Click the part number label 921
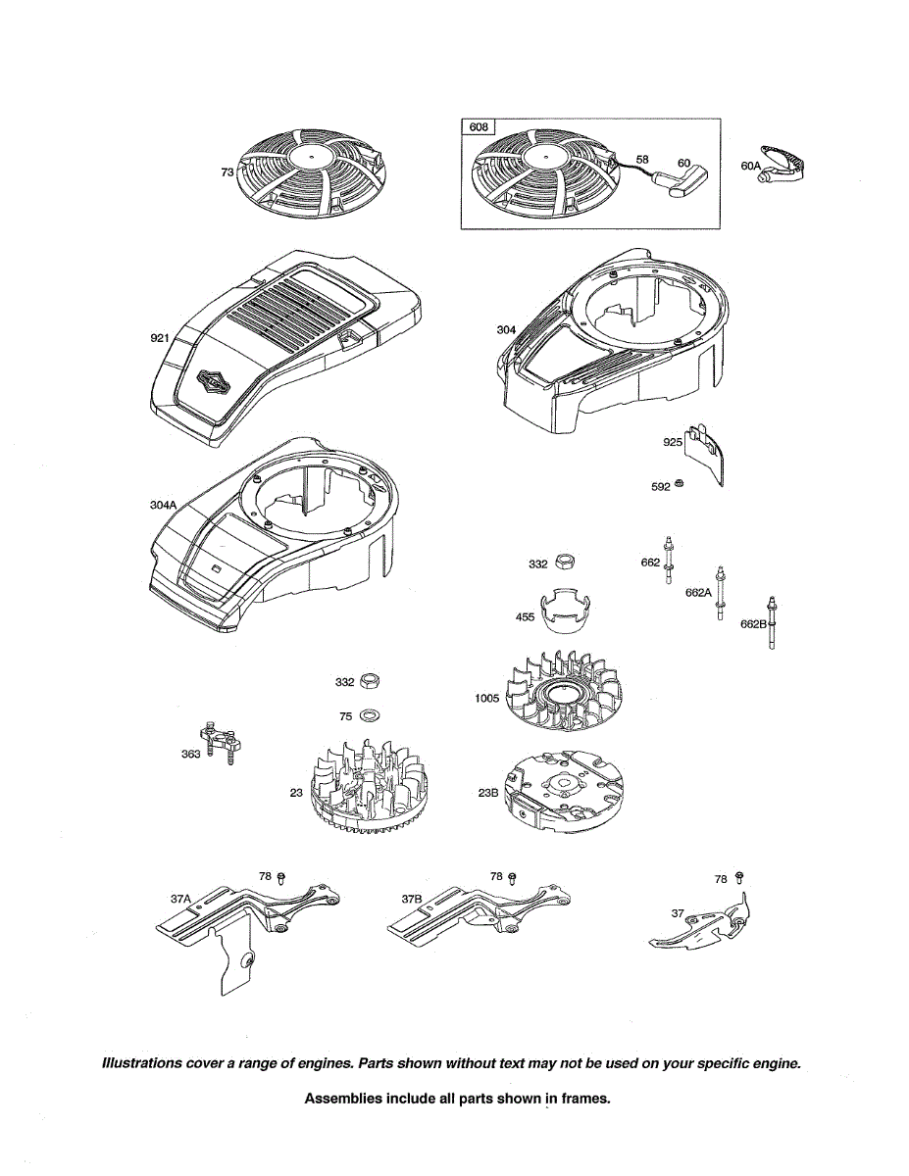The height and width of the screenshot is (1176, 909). coord(161,338)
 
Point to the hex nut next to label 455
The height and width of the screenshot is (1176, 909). coord(565,562)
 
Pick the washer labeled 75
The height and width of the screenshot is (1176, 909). coord(372,715)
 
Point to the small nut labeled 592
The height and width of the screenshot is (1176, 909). coord(679,485)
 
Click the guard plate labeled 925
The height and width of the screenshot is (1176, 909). coord(708,453)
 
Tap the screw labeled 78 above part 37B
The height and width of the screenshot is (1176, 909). coord(512,876)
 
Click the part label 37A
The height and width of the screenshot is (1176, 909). coord(180,898)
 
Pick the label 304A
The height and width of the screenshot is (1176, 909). coord(163,505)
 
